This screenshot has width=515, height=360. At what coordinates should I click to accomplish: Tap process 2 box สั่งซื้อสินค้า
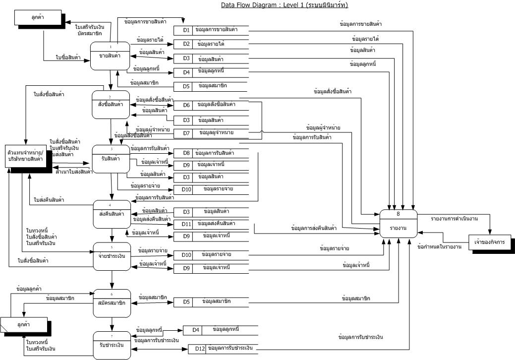111,104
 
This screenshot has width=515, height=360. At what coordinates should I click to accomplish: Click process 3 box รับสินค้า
111,159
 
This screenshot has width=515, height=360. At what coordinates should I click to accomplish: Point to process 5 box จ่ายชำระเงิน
112,256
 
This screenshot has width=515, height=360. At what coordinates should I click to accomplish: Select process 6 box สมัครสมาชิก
112,302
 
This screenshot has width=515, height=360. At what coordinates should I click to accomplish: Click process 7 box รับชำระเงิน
112,344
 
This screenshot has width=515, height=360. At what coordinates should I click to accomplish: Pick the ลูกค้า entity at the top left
36,18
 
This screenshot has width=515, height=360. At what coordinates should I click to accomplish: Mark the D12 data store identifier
198,349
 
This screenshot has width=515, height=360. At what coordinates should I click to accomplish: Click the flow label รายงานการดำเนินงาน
454,218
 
